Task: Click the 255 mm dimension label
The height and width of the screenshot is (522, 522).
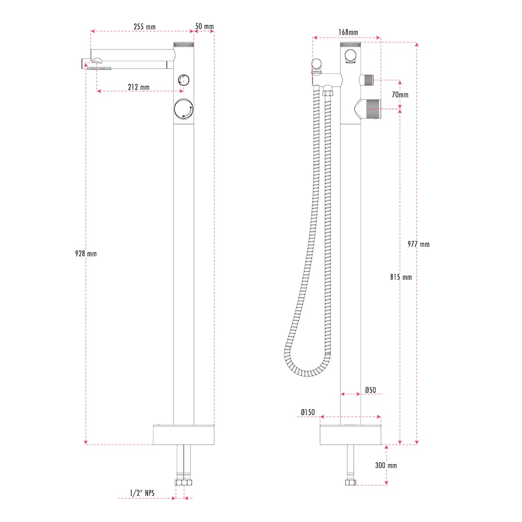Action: pos(144,27)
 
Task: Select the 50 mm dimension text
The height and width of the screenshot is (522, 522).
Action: pos(204,26)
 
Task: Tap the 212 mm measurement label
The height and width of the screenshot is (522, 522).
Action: pos(138,87)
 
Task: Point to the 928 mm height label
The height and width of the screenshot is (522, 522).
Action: pos(86,254)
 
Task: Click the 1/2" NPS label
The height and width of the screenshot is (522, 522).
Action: pos(143,492)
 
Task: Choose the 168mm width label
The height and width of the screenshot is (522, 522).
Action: pos(348,32)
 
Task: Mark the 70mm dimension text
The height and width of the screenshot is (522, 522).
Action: pos(400,94)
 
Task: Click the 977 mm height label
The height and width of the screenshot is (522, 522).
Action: pos(419,244)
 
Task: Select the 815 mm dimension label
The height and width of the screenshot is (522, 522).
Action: pos(400,277)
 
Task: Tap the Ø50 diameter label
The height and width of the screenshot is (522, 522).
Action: pos(371,390)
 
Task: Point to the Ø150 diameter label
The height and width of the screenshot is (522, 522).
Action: pos(307,412)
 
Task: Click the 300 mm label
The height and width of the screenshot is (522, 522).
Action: pos(386,465)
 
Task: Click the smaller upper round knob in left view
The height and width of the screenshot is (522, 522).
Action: pos(183,80)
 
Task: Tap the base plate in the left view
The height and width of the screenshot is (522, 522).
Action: pos(184,435)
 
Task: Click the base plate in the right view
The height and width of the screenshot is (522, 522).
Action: pos(350,435)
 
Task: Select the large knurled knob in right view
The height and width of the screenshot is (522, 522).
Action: pos(372,109)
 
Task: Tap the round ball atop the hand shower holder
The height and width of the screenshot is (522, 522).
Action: pos(316,64)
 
